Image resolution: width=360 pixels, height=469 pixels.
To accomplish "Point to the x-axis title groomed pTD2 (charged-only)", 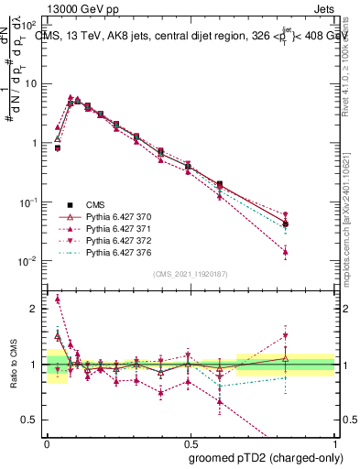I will [267, 458].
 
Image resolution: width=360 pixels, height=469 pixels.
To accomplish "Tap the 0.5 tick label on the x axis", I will [191, 442].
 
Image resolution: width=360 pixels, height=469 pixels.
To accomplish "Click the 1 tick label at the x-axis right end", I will [334, 442].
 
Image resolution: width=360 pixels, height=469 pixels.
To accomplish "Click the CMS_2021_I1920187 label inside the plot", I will [191, 274].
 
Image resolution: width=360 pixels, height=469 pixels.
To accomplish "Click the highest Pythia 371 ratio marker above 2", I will [58, 299].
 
